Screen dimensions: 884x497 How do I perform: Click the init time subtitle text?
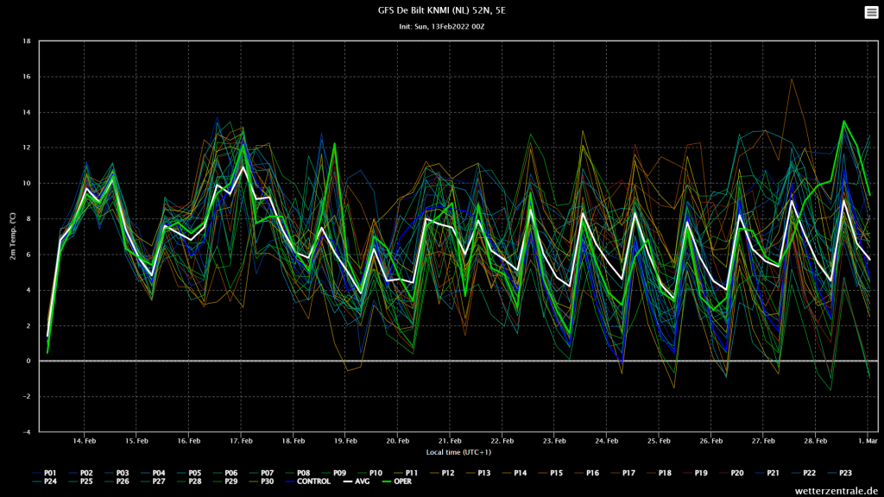(441, 27)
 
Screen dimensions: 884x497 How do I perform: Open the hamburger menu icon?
(871, 12)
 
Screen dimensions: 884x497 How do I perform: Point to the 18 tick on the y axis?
(27, 41)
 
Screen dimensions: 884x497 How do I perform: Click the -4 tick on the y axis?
(27, 432)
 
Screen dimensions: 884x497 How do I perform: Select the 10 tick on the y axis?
(27, 184)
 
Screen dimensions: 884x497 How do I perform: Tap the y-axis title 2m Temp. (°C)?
(12, 236)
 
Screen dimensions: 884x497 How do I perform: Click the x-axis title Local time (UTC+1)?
(458, 452)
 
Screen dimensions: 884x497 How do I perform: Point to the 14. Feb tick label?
(85, 441)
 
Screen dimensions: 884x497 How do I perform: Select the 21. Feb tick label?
(450, 441)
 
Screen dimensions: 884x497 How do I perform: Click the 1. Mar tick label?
(868, 441)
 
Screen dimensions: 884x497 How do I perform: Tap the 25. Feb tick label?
(659, 441)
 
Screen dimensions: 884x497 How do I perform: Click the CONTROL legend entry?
(307, 481)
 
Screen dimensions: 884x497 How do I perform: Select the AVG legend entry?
(356, 481)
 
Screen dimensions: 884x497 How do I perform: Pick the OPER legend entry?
(397, 481)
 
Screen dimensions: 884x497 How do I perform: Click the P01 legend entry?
(44, 474)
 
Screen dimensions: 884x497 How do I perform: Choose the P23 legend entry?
(839, 474)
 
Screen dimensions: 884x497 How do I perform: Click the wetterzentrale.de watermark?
(837, 491)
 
